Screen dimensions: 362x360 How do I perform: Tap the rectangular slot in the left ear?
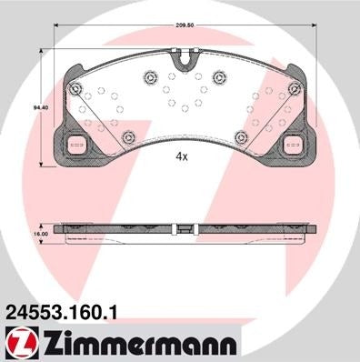pyautogui.click(x=75, y=143)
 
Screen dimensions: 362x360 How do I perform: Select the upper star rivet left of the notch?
pyautogui.click(x=148, y=77)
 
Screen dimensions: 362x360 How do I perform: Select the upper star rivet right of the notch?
pyautogui.click(x=218, y=77)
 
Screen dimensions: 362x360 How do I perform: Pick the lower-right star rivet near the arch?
pyautogui.click(x=240, y=136)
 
